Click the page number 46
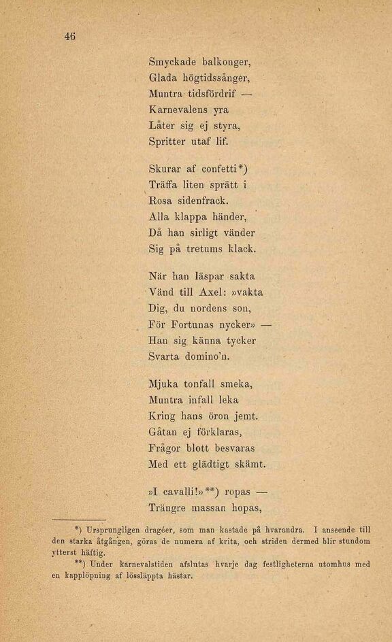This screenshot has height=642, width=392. point(69,37)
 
